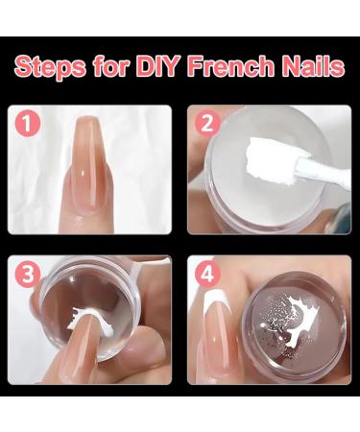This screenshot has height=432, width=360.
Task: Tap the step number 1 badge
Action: (30, 123)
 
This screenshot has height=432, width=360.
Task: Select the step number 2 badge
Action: (204, 123)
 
